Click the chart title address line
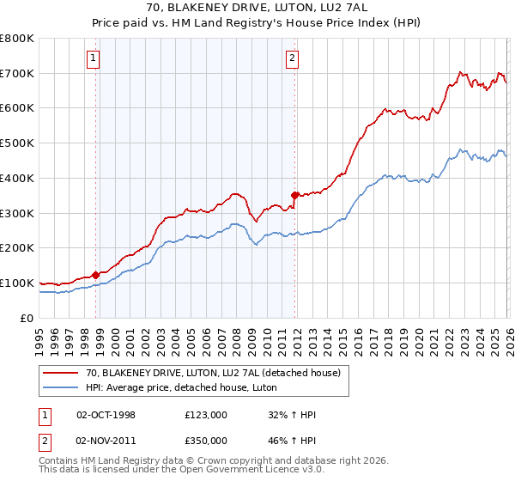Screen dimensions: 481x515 (257, 8)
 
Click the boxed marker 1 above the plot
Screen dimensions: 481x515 (93, 58)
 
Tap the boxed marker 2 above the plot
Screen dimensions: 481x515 (292, 58)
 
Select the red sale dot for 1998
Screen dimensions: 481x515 (95, 275)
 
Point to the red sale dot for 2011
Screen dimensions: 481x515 (294, 195)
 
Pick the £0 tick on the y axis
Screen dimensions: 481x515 (27, 318)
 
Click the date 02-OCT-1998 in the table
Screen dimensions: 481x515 (106, 415)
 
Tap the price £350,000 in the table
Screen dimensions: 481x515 (206, 441)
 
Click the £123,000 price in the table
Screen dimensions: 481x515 (206, 415)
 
